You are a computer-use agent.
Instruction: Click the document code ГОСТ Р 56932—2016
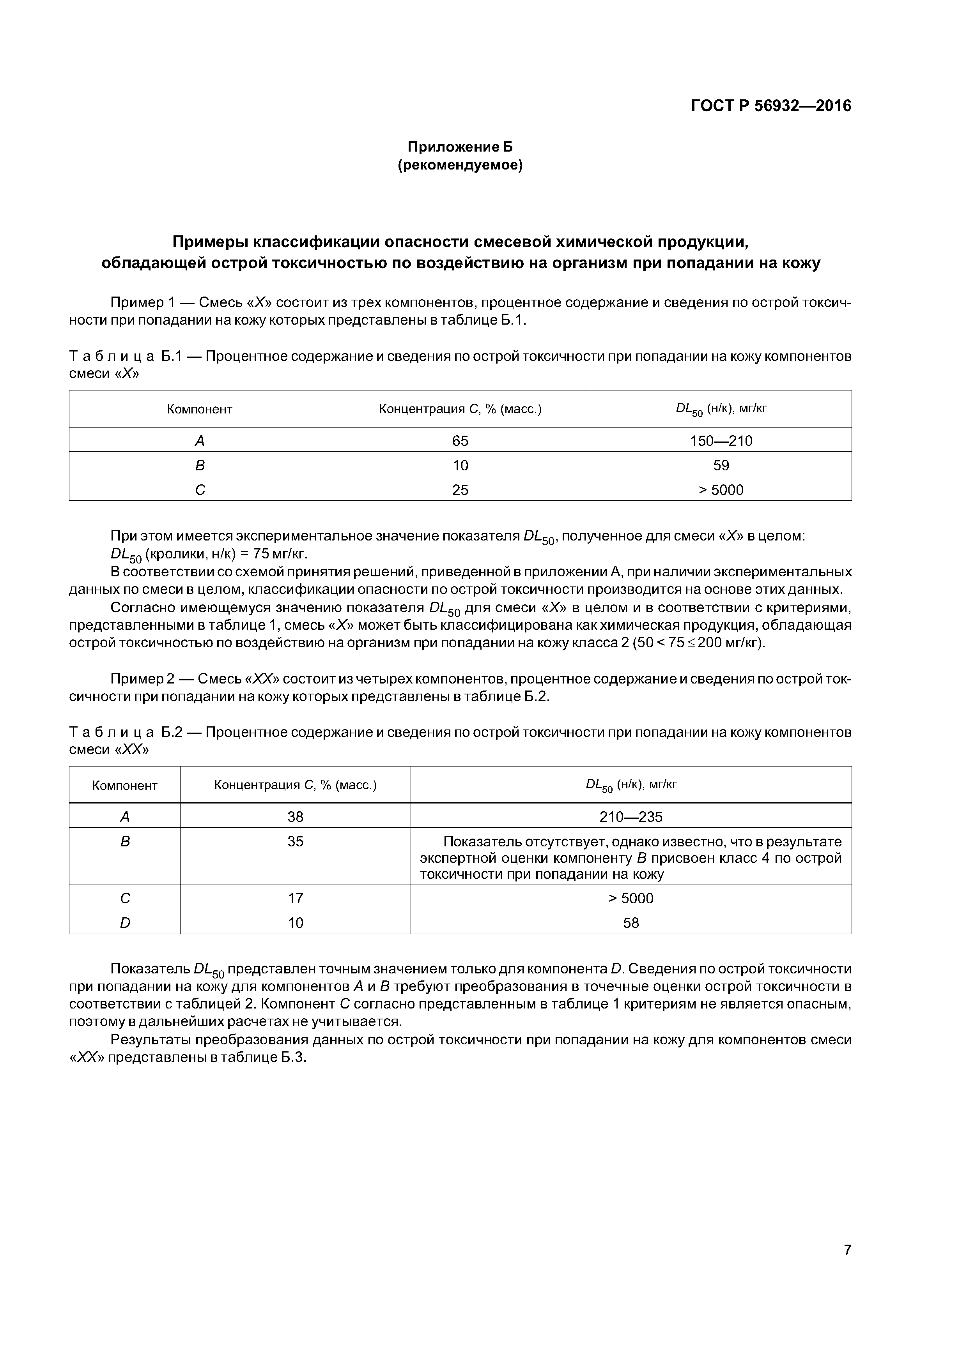click(771, 106)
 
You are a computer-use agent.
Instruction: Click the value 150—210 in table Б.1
click(721, 441)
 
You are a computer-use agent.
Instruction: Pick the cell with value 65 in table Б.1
click(460, 441)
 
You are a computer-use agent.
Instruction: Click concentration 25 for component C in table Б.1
click(460, 489)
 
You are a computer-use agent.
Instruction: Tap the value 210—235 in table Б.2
click(630, 816)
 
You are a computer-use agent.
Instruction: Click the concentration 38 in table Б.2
click(296, 816)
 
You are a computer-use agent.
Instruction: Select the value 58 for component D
click(630, 922)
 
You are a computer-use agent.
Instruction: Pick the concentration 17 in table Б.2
click(296, 898)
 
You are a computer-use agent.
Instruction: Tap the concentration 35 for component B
click(296, 841)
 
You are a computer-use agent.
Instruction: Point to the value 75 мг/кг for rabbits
click(280, 554)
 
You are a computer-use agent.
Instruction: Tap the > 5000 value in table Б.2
click(630, 898)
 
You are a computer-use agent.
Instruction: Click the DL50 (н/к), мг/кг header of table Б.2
click(630, 785)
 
